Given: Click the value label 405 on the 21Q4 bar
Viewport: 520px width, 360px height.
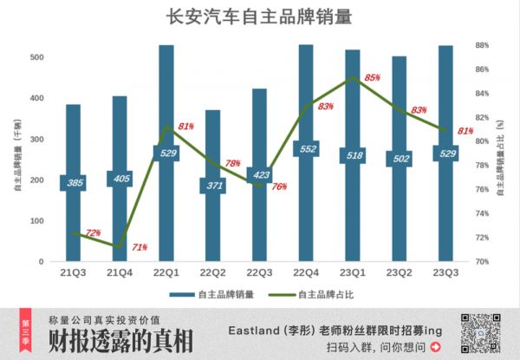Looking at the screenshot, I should [x=120, y=179].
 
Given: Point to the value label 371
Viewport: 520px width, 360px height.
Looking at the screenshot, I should [x=213, y=186].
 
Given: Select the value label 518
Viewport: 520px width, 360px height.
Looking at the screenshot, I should [x=353, y=156].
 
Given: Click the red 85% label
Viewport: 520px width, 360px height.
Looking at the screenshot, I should [x=372, y=77].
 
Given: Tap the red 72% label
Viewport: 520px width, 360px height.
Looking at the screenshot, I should [x=93, y=232].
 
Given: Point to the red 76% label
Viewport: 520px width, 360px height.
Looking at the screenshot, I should [x=279, y=187].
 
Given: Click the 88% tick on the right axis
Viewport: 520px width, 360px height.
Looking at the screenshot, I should [x=483, y=45].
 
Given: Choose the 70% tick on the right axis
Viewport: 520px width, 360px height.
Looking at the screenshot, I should [x=483, y=261].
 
